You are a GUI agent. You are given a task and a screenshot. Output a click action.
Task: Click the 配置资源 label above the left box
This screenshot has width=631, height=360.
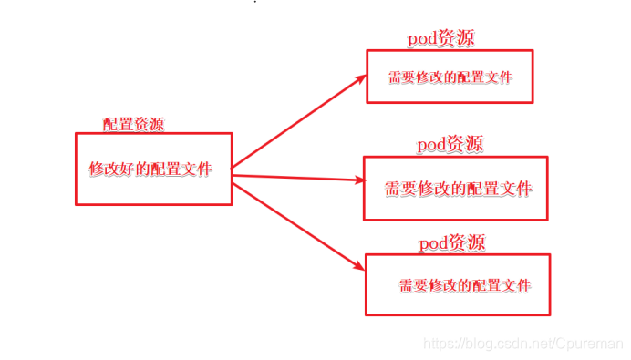(133, 125)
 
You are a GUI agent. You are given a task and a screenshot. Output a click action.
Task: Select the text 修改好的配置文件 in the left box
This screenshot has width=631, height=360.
(150, 170)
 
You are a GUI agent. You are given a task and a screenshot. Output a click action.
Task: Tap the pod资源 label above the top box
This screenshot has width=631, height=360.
(440, 38)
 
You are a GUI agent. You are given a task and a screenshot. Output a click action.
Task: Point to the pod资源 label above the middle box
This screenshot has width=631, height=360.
(450, 144)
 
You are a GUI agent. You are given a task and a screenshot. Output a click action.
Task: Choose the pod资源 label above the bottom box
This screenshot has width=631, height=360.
(452, 243)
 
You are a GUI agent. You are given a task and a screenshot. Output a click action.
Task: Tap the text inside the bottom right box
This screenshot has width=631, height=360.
(464, 286)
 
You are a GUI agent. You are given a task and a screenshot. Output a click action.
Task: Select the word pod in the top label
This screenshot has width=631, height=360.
(422, 38)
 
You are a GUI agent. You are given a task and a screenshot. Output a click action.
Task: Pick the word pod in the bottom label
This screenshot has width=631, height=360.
(434, 243)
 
